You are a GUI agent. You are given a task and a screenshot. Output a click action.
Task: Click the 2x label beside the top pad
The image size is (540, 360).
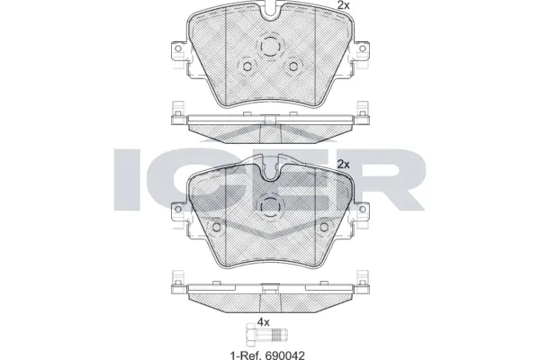pyautogui.click(x=344, y=5)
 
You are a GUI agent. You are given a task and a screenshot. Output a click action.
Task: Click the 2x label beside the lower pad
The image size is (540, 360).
pyautogui.click(x=344, y=165)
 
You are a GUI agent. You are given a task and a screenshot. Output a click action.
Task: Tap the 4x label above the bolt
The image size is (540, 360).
pyautogui.click(x=263, y=322)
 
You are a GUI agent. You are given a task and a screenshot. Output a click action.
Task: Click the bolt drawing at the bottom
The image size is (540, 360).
pyautogui.click(x=267, y=335)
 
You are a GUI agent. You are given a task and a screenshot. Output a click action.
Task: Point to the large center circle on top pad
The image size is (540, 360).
pyautogui.click(x=270, y=46)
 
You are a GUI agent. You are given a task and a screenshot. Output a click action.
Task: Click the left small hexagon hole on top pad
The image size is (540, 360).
pyautogui.click(x=247, y=66)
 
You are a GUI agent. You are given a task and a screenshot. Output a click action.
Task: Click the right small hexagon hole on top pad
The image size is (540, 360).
pyautogui.click(x=293, y=66)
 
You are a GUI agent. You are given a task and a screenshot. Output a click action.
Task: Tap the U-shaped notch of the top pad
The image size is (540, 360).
pyautogui.click(x=270, y=12)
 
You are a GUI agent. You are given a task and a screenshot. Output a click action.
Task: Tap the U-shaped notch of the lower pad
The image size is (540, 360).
pyautogui.click(x=271, y=172)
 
